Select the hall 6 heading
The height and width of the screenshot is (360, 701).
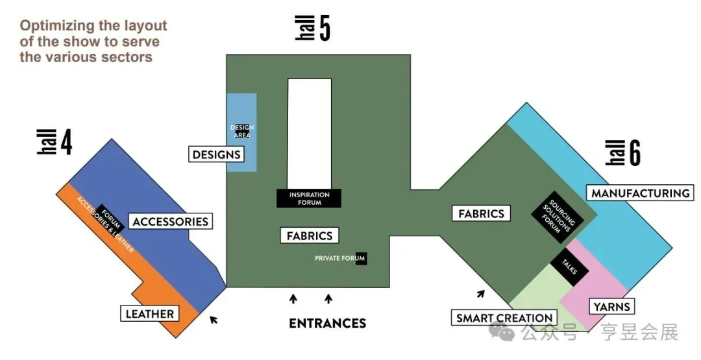[x=623, y=153]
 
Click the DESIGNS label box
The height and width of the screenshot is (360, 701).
[x=217, y=154]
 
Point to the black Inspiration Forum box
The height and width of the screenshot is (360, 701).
[x=309, y=198]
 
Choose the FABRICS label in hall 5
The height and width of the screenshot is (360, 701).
[x=310, y=235]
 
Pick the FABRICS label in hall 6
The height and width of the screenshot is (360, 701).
[x=481, y=213]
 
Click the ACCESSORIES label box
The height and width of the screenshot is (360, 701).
[x=170, y=221]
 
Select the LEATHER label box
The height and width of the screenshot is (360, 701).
[x=149, y=314]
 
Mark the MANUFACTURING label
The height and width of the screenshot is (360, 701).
[x=640, y=193]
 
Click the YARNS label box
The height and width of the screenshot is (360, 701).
[x=611, y=306]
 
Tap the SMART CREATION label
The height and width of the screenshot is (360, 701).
[x=504, y=318]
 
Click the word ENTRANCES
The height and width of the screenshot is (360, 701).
[x=327, y=323]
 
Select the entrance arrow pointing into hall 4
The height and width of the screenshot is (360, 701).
[x=214, y=318]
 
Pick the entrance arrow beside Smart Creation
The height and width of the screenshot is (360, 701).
[x=480, y=294]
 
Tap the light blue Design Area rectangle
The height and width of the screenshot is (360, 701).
[x=241, y=132]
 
